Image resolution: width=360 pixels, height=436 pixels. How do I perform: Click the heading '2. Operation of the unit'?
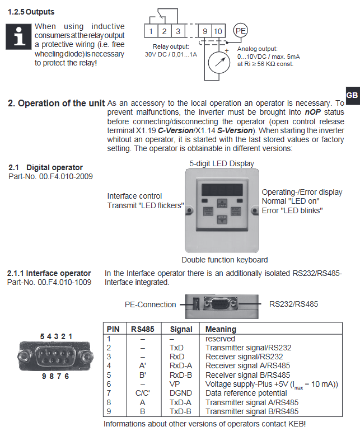(x=56, y=104)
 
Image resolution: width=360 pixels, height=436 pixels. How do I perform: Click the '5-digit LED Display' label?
(x=221, y=163)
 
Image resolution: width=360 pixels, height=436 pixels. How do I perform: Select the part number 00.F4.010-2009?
(x=50, y=176)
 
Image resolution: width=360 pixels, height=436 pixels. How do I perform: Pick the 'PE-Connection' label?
(x=150, y=305)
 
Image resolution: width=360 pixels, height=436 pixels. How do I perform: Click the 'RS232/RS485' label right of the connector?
(x=293, y=304)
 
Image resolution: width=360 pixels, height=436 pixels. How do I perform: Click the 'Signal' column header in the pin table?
(x=180, y=329)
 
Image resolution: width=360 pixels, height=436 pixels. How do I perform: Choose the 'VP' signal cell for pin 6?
(x=174, y=384)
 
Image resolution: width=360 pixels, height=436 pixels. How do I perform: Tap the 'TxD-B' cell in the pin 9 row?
(x=180, y=411)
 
